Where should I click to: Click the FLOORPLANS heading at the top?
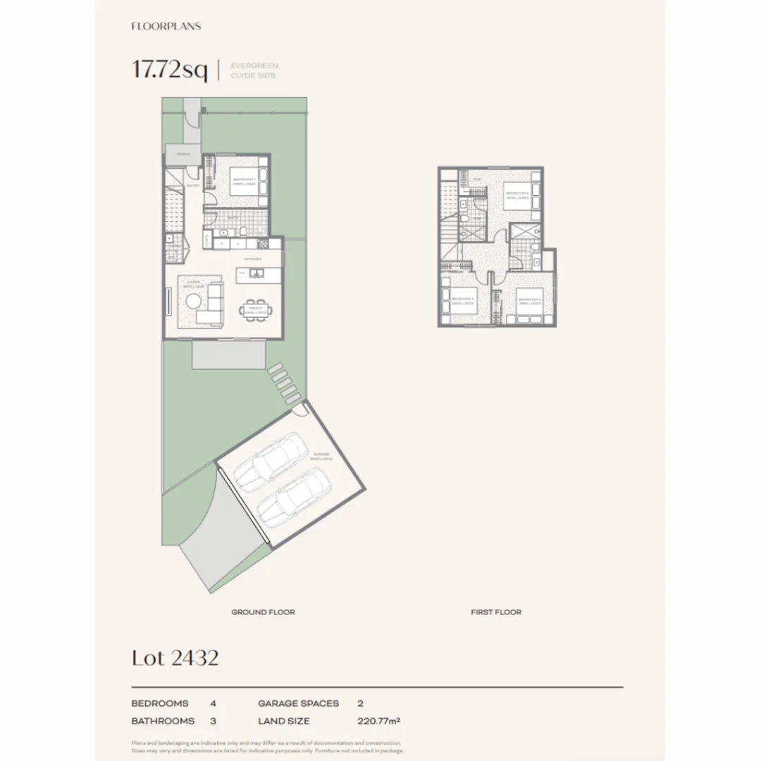(x=166, y=26)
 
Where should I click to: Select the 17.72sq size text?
(x=169, y=70)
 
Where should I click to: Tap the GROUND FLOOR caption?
(x=263, y=612)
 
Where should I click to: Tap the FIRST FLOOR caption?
(x=496, y=612)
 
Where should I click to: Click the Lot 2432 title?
(x=175, y=657)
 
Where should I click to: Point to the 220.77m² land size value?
(x=380, y=721)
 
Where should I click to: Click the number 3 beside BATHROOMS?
(x=214, y=721)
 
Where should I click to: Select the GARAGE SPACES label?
(x=298, y=703)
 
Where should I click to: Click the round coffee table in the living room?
(x=192, y=302)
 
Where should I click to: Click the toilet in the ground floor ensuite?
(x=241, y=232)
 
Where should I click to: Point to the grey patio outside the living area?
(x=229, y=354)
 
